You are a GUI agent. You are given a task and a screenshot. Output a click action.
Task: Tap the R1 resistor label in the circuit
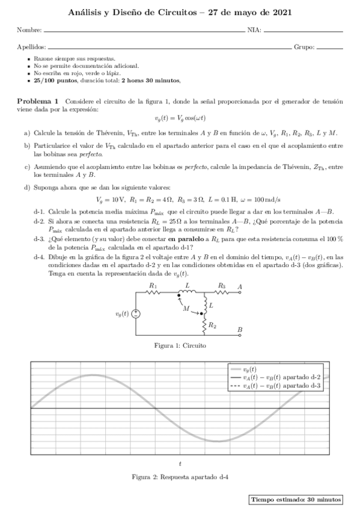click(153, 286)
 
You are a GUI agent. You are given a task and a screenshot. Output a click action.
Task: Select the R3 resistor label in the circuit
click(222, 286)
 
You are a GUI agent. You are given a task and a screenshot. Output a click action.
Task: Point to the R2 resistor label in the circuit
click(213, 325)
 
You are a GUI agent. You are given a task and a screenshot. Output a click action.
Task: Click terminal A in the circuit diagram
click(240, 286)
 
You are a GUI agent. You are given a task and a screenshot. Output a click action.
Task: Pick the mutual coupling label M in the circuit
click(186, 309)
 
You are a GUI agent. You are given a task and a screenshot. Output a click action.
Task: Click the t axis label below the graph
click(180, 462)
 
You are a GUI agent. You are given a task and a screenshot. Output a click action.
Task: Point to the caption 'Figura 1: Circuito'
click(180, 346)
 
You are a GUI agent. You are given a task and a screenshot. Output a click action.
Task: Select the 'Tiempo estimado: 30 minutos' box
click(296, 499)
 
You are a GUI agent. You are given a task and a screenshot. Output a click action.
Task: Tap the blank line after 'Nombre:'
click(144, 29)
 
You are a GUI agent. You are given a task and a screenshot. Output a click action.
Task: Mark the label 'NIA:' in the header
click(254, 29)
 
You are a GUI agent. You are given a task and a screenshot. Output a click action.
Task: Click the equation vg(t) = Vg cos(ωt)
click(180, 119)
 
